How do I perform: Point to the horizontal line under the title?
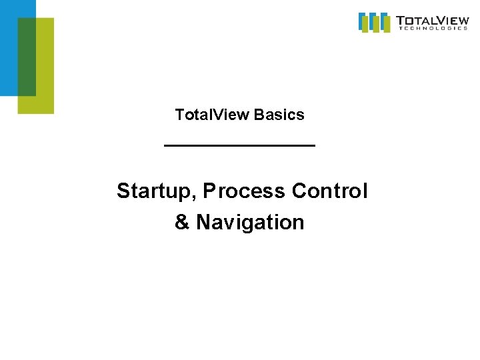click(x=239, y=145)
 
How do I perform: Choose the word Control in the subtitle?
click(x=329, y=191)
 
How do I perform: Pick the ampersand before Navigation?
click(x=182, y=222)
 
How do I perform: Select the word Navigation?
click(x=250, y=222)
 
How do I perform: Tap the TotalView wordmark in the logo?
click(x=431, y=19)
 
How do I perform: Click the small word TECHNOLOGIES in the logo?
click(x=432, y=28)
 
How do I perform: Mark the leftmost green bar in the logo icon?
click(x=366, y=24)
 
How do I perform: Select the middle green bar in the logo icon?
click(x=376, y=25)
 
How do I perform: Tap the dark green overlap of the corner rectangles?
click(x=27, y=57)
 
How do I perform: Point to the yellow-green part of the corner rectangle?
click(x=44, y=67)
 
